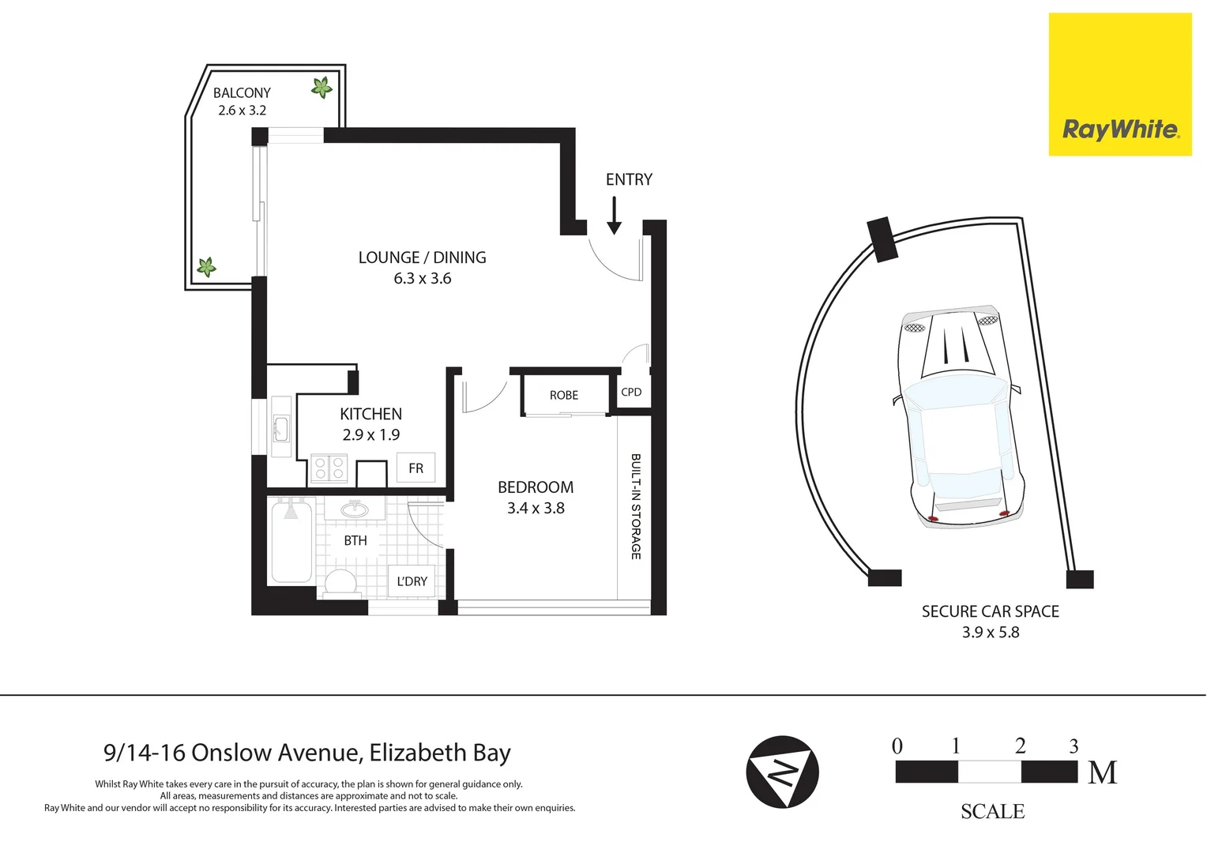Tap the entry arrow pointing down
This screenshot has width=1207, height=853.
614,216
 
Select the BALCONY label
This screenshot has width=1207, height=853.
242,93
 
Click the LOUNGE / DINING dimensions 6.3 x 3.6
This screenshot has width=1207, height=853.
423,279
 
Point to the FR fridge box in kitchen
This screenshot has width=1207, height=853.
415,468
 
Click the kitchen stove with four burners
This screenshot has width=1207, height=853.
329,468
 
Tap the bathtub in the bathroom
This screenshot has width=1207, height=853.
291,542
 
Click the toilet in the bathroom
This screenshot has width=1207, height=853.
341,582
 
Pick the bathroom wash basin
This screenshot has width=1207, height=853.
355,509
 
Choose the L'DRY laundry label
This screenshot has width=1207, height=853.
412,581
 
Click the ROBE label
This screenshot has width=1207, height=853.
564,395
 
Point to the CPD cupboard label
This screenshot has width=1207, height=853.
631,392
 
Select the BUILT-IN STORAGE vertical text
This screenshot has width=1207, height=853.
635,506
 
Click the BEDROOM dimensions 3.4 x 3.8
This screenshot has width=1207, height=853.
536,509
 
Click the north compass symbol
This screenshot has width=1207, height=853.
782,772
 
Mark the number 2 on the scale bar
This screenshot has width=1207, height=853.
1020,746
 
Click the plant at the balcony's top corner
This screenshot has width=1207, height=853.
321,87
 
